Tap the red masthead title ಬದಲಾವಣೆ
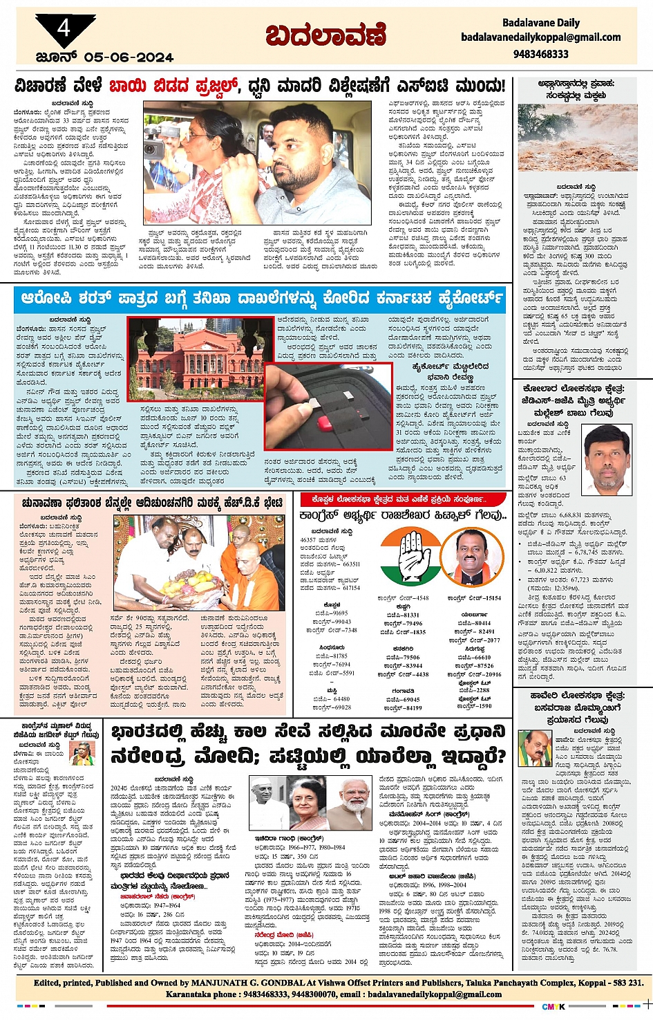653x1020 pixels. pos(325,35)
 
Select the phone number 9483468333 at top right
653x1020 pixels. pos(540,54)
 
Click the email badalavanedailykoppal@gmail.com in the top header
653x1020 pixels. pos(540,37)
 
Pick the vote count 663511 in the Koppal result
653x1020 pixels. pos(350,565)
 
